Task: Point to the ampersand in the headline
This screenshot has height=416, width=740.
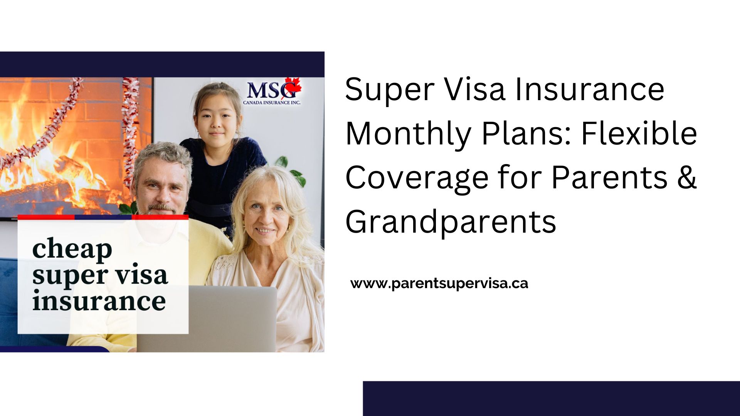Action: coord(686,177)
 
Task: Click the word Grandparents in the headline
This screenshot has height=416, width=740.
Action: coord(451,222)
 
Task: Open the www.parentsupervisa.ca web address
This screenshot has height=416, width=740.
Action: coord(439,283)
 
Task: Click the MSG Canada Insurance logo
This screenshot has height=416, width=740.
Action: coord(272,92)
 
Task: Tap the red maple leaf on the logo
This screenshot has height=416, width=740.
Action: coord(293,87)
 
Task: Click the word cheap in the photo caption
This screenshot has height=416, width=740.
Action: coord(72,250)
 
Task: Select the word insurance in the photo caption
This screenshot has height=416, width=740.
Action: coord(99,301)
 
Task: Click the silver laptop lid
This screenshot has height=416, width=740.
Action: coord(207,319)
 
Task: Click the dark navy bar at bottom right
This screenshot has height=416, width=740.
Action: coord(551,399)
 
